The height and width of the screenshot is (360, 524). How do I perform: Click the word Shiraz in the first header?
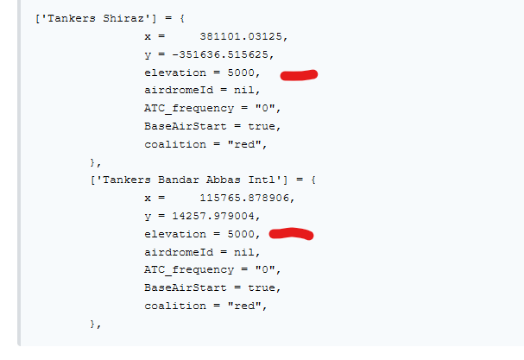(123, 18)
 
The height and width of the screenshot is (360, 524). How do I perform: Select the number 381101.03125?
(241, 36)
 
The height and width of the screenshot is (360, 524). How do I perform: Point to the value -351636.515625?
(220, 54)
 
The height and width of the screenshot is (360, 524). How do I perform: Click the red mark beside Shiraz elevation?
(299, 75)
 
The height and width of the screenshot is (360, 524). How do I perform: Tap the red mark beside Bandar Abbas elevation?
(291, 234)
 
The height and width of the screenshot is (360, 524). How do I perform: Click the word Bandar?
(179, 180)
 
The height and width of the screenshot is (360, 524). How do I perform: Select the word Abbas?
(224, 180)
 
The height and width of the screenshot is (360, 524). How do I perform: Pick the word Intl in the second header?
(262, 180)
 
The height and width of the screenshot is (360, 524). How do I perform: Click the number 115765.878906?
(244, 198)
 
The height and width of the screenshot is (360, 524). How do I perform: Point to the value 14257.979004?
(213, 216)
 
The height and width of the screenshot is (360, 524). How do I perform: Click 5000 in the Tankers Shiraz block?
(241, 73)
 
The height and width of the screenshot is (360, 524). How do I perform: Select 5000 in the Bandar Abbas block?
(241, 234)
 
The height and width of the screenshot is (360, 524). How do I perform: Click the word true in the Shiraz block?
(262, 126)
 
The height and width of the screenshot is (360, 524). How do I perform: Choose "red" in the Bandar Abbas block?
(244, 306)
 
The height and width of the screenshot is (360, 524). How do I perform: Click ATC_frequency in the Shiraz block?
(189, 108)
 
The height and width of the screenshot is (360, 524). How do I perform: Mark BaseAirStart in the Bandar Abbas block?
(186, 287)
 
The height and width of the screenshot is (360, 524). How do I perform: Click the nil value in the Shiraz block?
(244, 91)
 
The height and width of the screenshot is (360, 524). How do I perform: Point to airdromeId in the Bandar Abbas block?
(179, 252)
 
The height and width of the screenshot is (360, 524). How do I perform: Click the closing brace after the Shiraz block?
(93, 162)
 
